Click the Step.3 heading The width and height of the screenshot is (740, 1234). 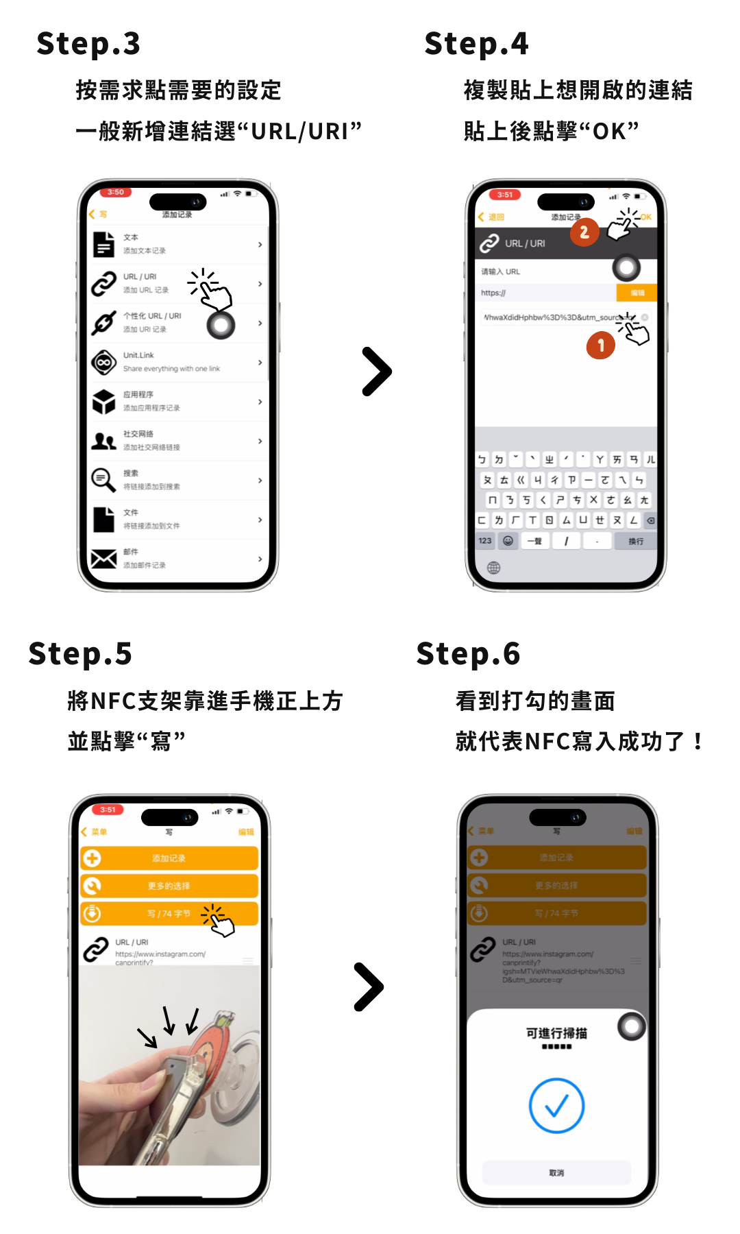(x=88, y=44)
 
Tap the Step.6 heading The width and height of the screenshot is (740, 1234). (x=468, y=654)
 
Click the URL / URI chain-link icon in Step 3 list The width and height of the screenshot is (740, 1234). (x=103, y=283)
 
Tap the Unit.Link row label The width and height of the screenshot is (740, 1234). (x=138, y=355)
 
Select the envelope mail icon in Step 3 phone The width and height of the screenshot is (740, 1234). (x=103, y=559)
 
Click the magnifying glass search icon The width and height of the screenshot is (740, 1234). (x=103, y=480)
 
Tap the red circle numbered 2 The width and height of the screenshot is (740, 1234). (x=584, y=232)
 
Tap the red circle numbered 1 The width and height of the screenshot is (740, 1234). (x=601, y=346)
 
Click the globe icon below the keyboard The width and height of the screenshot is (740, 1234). (x=493, y=568)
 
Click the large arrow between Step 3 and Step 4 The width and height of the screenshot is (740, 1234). (x=376, y=372)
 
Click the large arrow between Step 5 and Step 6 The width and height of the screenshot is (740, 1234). (x=369, y=987)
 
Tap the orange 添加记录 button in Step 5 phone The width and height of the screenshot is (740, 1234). (x=169, y=858)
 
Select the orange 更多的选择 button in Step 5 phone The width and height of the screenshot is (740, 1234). (x=169, y=886)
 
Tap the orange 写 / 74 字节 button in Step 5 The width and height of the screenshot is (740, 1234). (x=169, y=914)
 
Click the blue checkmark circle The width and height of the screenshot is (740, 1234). (x=556, y=1106)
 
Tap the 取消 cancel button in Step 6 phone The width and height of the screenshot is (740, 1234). (x=556, y=1173)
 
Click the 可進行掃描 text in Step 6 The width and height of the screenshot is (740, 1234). (x=556, y=1033)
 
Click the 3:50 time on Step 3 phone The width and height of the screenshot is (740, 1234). (x=116, y=193)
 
